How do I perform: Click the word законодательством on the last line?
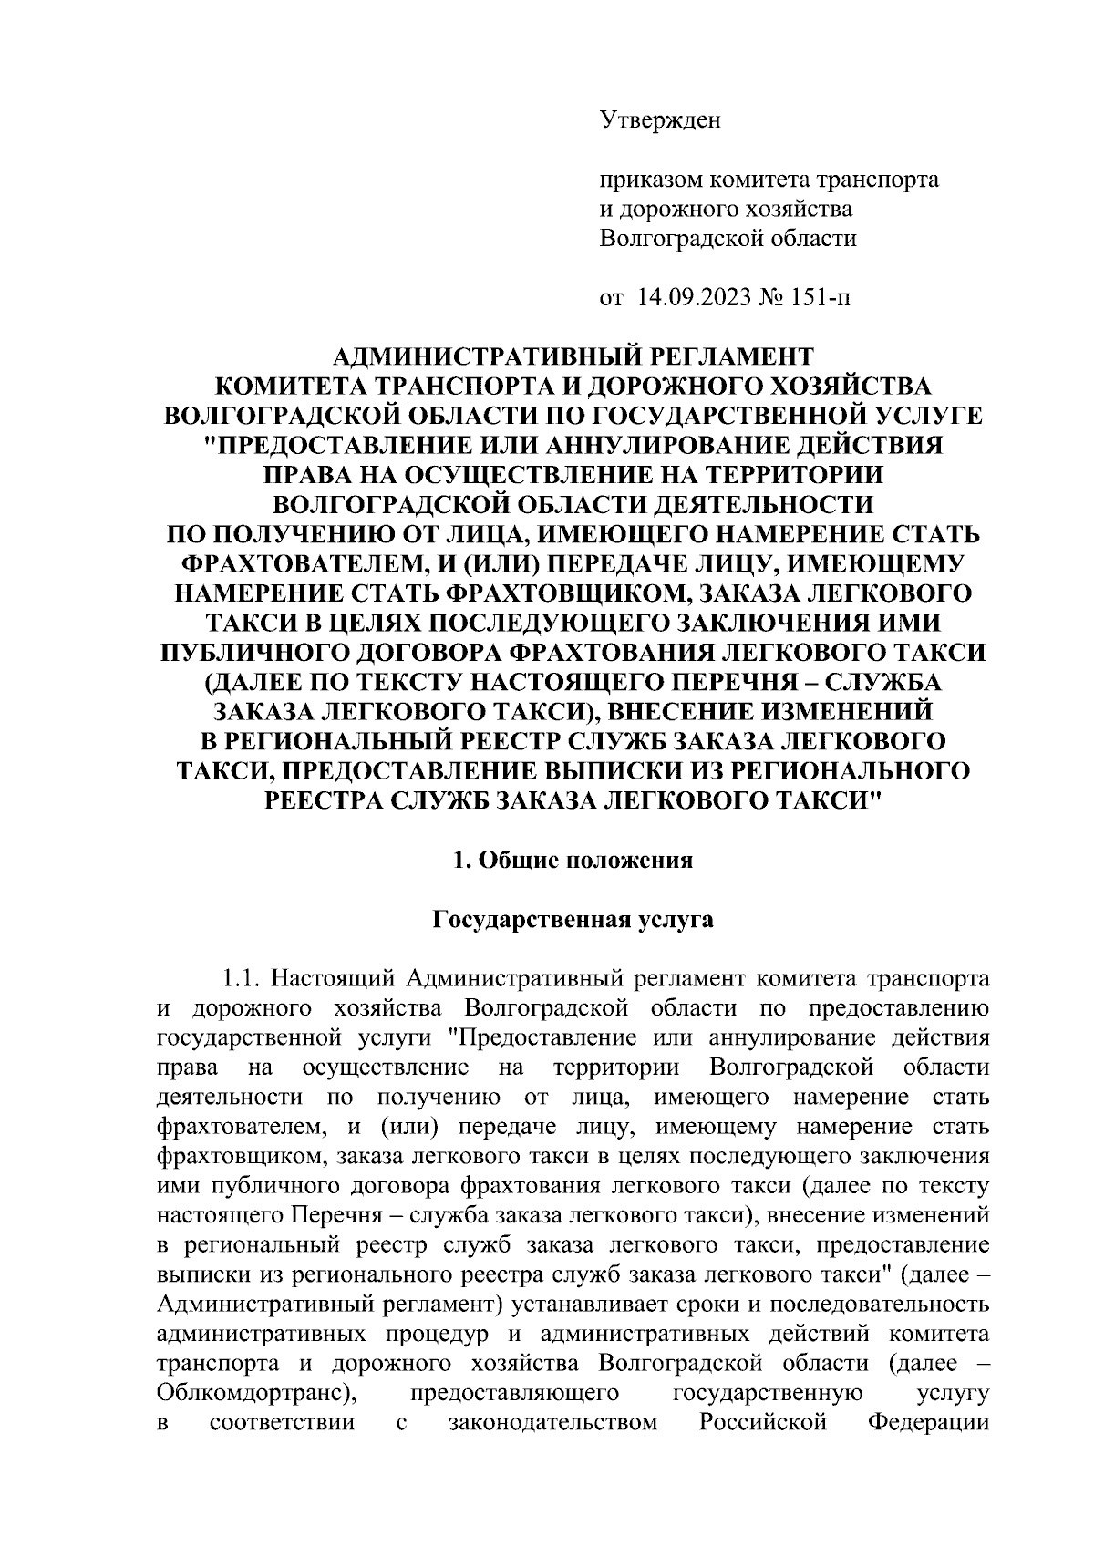pyautogui.click(x=553, y=1423)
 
